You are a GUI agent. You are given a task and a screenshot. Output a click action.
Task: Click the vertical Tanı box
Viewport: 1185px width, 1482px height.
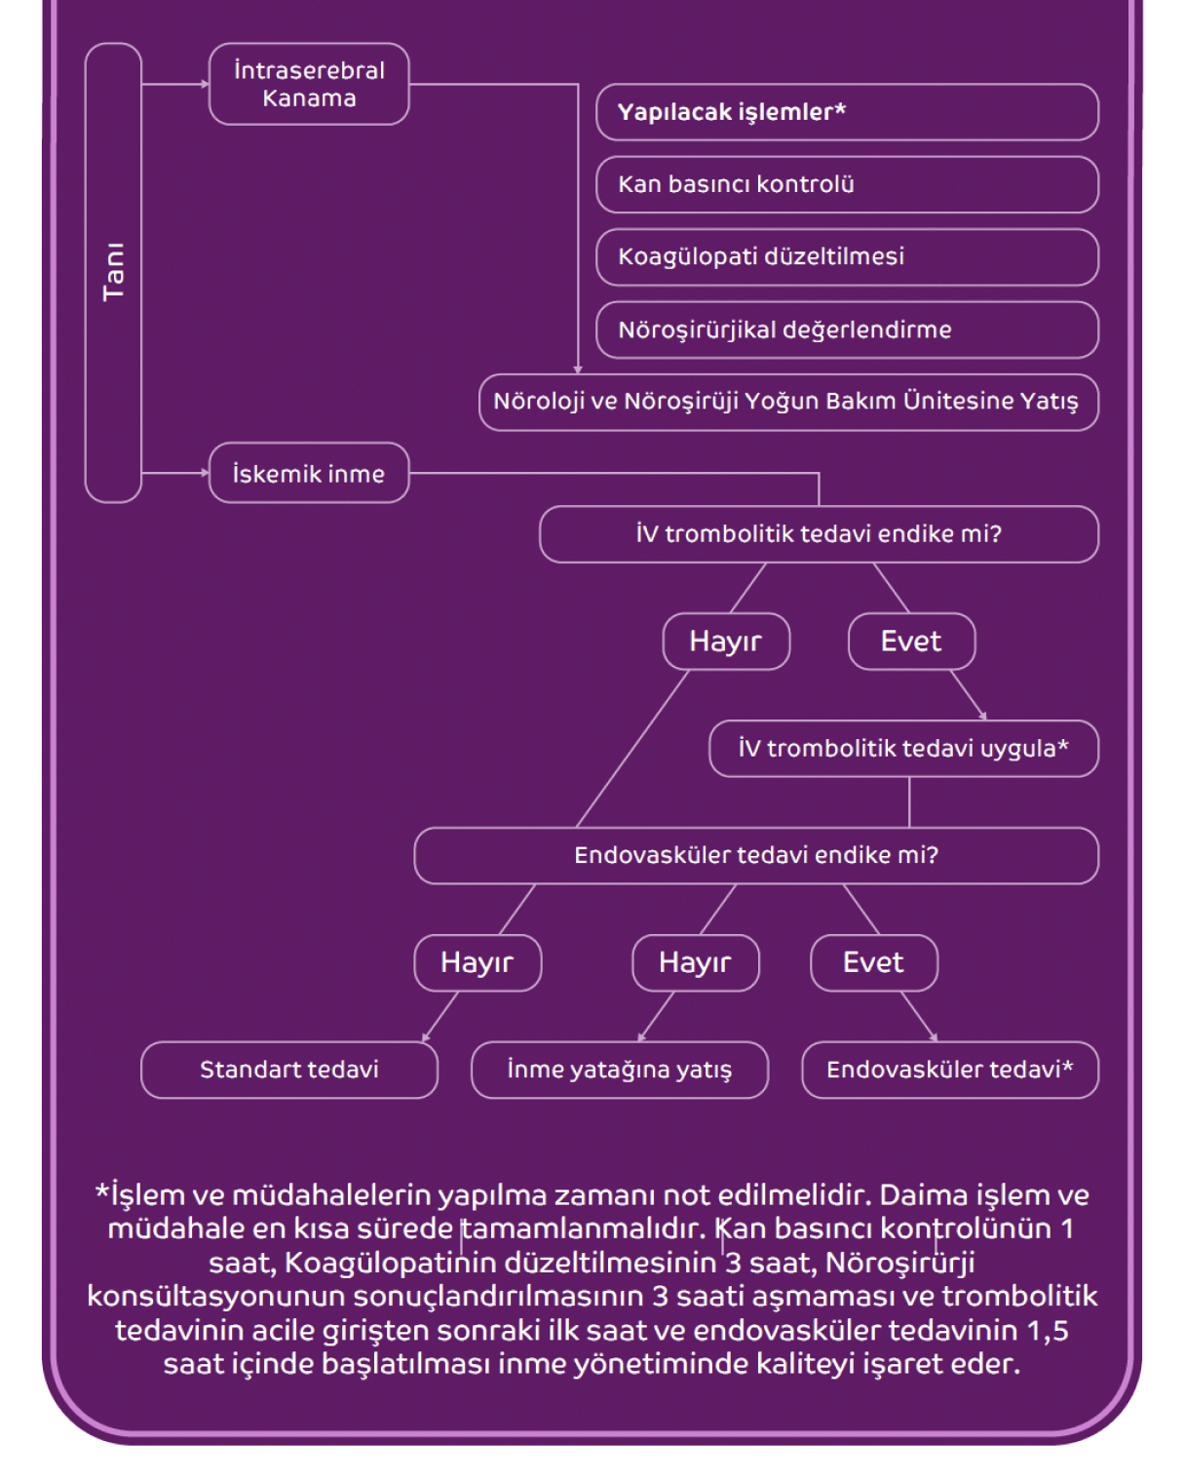[113, 272]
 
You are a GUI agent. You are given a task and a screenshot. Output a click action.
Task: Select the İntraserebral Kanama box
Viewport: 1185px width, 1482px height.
[309, 84]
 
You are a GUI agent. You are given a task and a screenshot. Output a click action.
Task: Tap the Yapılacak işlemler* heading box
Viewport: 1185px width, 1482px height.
[846, 112]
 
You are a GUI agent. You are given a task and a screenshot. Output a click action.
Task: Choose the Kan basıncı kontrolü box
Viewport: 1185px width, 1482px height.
[846, 184]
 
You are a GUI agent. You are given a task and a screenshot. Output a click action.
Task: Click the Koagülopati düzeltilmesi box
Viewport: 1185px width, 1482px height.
[846, 256]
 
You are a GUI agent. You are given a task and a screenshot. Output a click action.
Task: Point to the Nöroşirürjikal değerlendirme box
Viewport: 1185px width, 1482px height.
[846, 330]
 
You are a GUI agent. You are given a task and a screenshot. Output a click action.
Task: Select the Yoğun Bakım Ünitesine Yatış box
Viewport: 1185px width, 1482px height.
[787, 402]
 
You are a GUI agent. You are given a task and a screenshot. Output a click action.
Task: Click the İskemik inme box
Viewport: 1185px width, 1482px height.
[309, 474]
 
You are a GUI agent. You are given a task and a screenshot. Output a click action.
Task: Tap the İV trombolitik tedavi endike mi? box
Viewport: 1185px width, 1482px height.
[819, 534]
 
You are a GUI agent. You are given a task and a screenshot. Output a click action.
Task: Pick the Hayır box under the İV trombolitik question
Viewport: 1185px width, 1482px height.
[726, 642]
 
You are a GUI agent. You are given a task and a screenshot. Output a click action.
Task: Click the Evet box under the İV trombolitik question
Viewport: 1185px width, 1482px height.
[911, 642]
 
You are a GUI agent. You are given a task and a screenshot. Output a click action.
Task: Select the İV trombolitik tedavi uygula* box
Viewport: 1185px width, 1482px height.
[903, 749]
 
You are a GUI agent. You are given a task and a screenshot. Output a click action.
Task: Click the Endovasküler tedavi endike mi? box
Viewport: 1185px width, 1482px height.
[756, 855]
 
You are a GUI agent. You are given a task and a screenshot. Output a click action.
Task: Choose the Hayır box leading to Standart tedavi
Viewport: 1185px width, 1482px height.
[478, 962]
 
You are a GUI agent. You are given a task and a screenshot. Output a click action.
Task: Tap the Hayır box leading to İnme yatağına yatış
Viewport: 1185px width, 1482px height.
[695, 962]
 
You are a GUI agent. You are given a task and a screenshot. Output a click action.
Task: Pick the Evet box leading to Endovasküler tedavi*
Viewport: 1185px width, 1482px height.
[873, 962]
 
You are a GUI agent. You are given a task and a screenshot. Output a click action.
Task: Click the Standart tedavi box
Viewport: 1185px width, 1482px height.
[289, 1070]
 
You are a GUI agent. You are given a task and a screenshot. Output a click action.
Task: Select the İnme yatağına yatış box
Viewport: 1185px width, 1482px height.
[620, 1070]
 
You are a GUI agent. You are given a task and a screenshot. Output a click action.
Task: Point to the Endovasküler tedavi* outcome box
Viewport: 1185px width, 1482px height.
[950, 1070]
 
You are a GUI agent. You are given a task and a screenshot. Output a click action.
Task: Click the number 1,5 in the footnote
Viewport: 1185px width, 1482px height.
[1048, 1330]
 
